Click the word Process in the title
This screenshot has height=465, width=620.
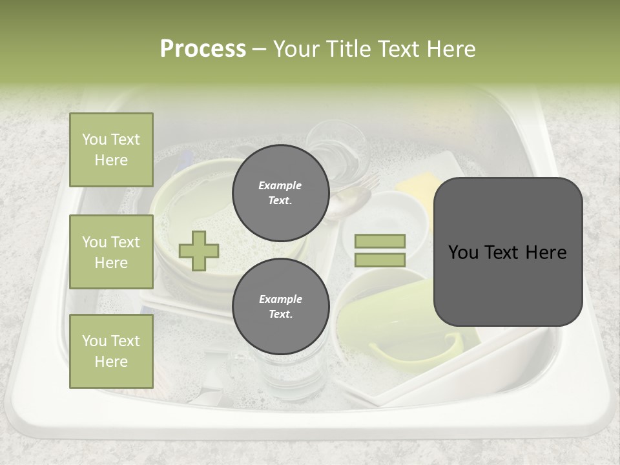(x=203, y=49)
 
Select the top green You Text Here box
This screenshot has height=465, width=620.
(x=111, y=150)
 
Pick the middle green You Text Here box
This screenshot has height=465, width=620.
(x=111, y=252)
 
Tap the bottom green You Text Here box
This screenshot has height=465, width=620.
(x=111, y=351)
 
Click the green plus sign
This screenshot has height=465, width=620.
(x=199, y=251)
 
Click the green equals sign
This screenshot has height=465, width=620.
(x=380, y=251)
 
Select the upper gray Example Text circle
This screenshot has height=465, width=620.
(x=280, y=192)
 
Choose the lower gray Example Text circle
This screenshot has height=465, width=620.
(x=280, y=306)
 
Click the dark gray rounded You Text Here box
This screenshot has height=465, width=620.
(x=508, y=252)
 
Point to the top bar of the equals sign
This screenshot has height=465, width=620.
(x=380, y=242)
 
